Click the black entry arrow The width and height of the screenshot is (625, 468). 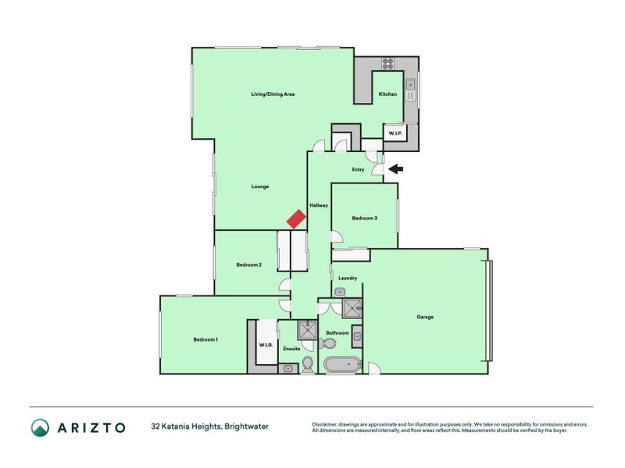pyautogui.click(x=396, y=169)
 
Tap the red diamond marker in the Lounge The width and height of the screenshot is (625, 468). pyautogui.click(x=296, y=219)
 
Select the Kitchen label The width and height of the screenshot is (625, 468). pyautogui.click(x=387, y=94)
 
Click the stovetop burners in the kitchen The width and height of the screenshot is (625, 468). pyautogui.click(x=387, y=64)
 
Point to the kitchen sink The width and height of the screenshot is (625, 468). pyautogui.click(x=411, y=90)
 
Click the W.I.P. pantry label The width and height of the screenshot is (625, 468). pyautogui.click(x=395, y=133)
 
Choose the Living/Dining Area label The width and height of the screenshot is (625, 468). pyautogui.click(x=273, y=94)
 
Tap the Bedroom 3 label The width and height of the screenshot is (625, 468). pyautogui.click(x=364, y=218)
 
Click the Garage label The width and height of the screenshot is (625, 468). pyautogui.click(x=425, y=317)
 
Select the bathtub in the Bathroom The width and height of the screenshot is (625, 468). pyautogui.click(x=342, y=364)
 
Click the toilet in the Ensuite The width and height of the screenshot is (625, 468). pyautogui.click(x=308, y=365)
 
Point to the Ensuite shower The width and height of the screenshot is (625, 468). pyautogui.click(x=308, y=330)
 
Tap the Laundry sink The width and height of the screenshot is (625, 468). pyautogui.click(x=339, y=292)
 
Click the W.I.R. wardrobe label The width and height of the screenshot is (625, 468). pyautogui.click(x=266, y=345)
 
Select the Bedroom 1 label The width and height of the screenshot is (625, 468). pyautogui.click(x=205, y=339)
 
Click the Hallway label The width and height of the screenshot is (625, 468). pyautogui.click(x=319, y=205)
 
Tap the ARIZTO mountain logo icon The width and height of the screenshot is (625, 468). pyautogui.click(x=41, y=427)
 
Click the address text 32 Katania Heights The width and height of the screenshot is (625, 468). pyautogui.click(x=185, y=427)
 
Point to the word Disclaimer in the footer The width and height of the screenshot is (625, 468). pyautogui.click(x=324, y=424)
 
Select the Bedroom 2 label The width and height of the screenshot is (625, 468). pyautogui.click(x=248, y=264)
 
